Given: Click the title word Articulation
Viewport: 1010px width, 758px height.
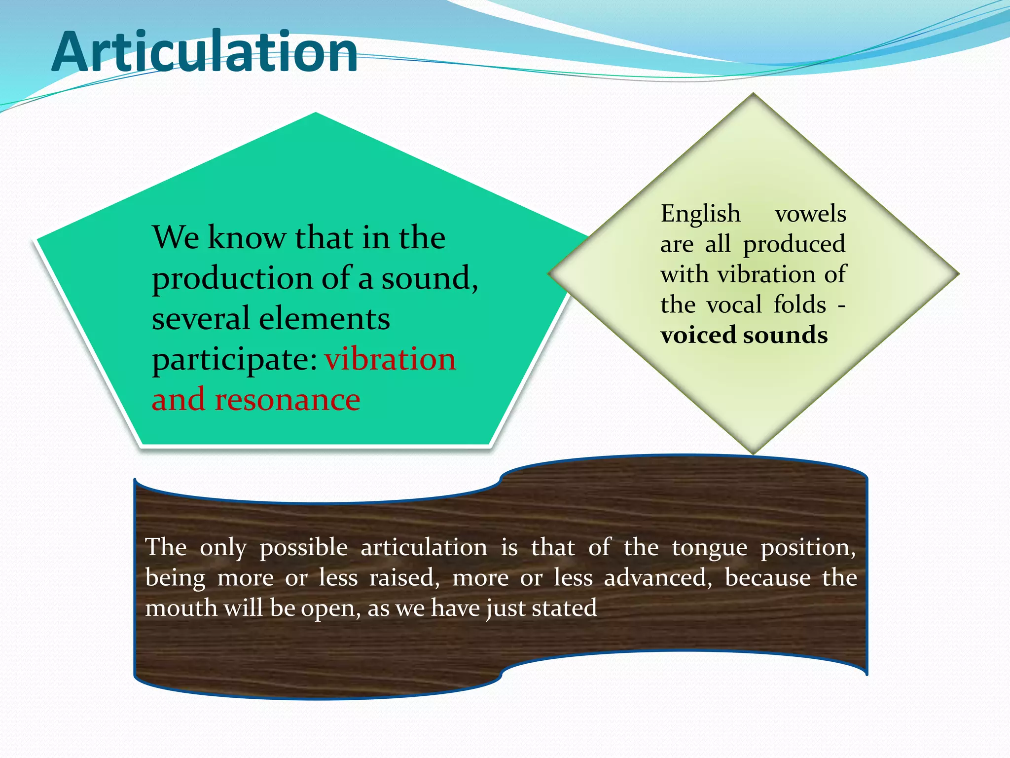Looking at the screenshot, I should click(x=205, y=52).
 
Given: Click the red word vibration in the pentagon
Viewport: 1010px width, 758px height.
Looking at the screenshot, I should click(x=390, y=359).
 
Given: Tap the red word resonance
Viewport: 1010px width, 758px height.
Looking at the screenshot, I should click(x=288, y=400).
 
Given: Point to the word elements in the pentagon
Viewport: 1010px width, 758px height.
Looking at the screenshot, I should click(x=324, y=318).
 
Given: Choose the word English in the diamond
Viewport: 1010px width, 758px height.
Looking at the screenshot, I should click(x=700, y=214).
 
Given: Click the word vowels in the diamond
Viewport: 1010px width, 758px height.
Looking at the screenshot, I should click(x=810, y=214).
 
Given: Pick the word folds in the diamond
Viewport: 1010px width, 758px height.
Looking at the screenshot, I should click(x=799, y=304).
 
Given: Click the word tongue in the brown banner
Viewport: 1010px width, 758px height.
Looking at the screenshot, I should click(x=709, y=548).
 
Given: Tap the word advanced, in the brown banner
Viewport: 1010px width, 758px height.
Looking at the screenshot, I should click(x=658, y=578).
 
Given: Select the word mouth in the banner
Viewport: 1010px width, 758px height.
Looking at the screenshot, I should click(x=181, y=608).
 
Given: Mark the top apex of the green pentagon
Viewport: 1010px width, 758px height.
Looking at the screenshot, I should click(x=316, y=113).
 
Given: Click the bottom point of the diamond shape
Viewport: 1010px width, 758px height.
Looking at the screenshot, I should click(x=753, y=453).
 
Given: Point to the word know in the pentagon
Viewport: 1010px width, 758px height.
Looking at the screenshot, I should click(x=247, y=238).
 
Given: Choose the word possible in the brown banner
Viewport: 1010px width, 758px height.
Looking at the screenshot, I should click(x=303, y=548).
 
